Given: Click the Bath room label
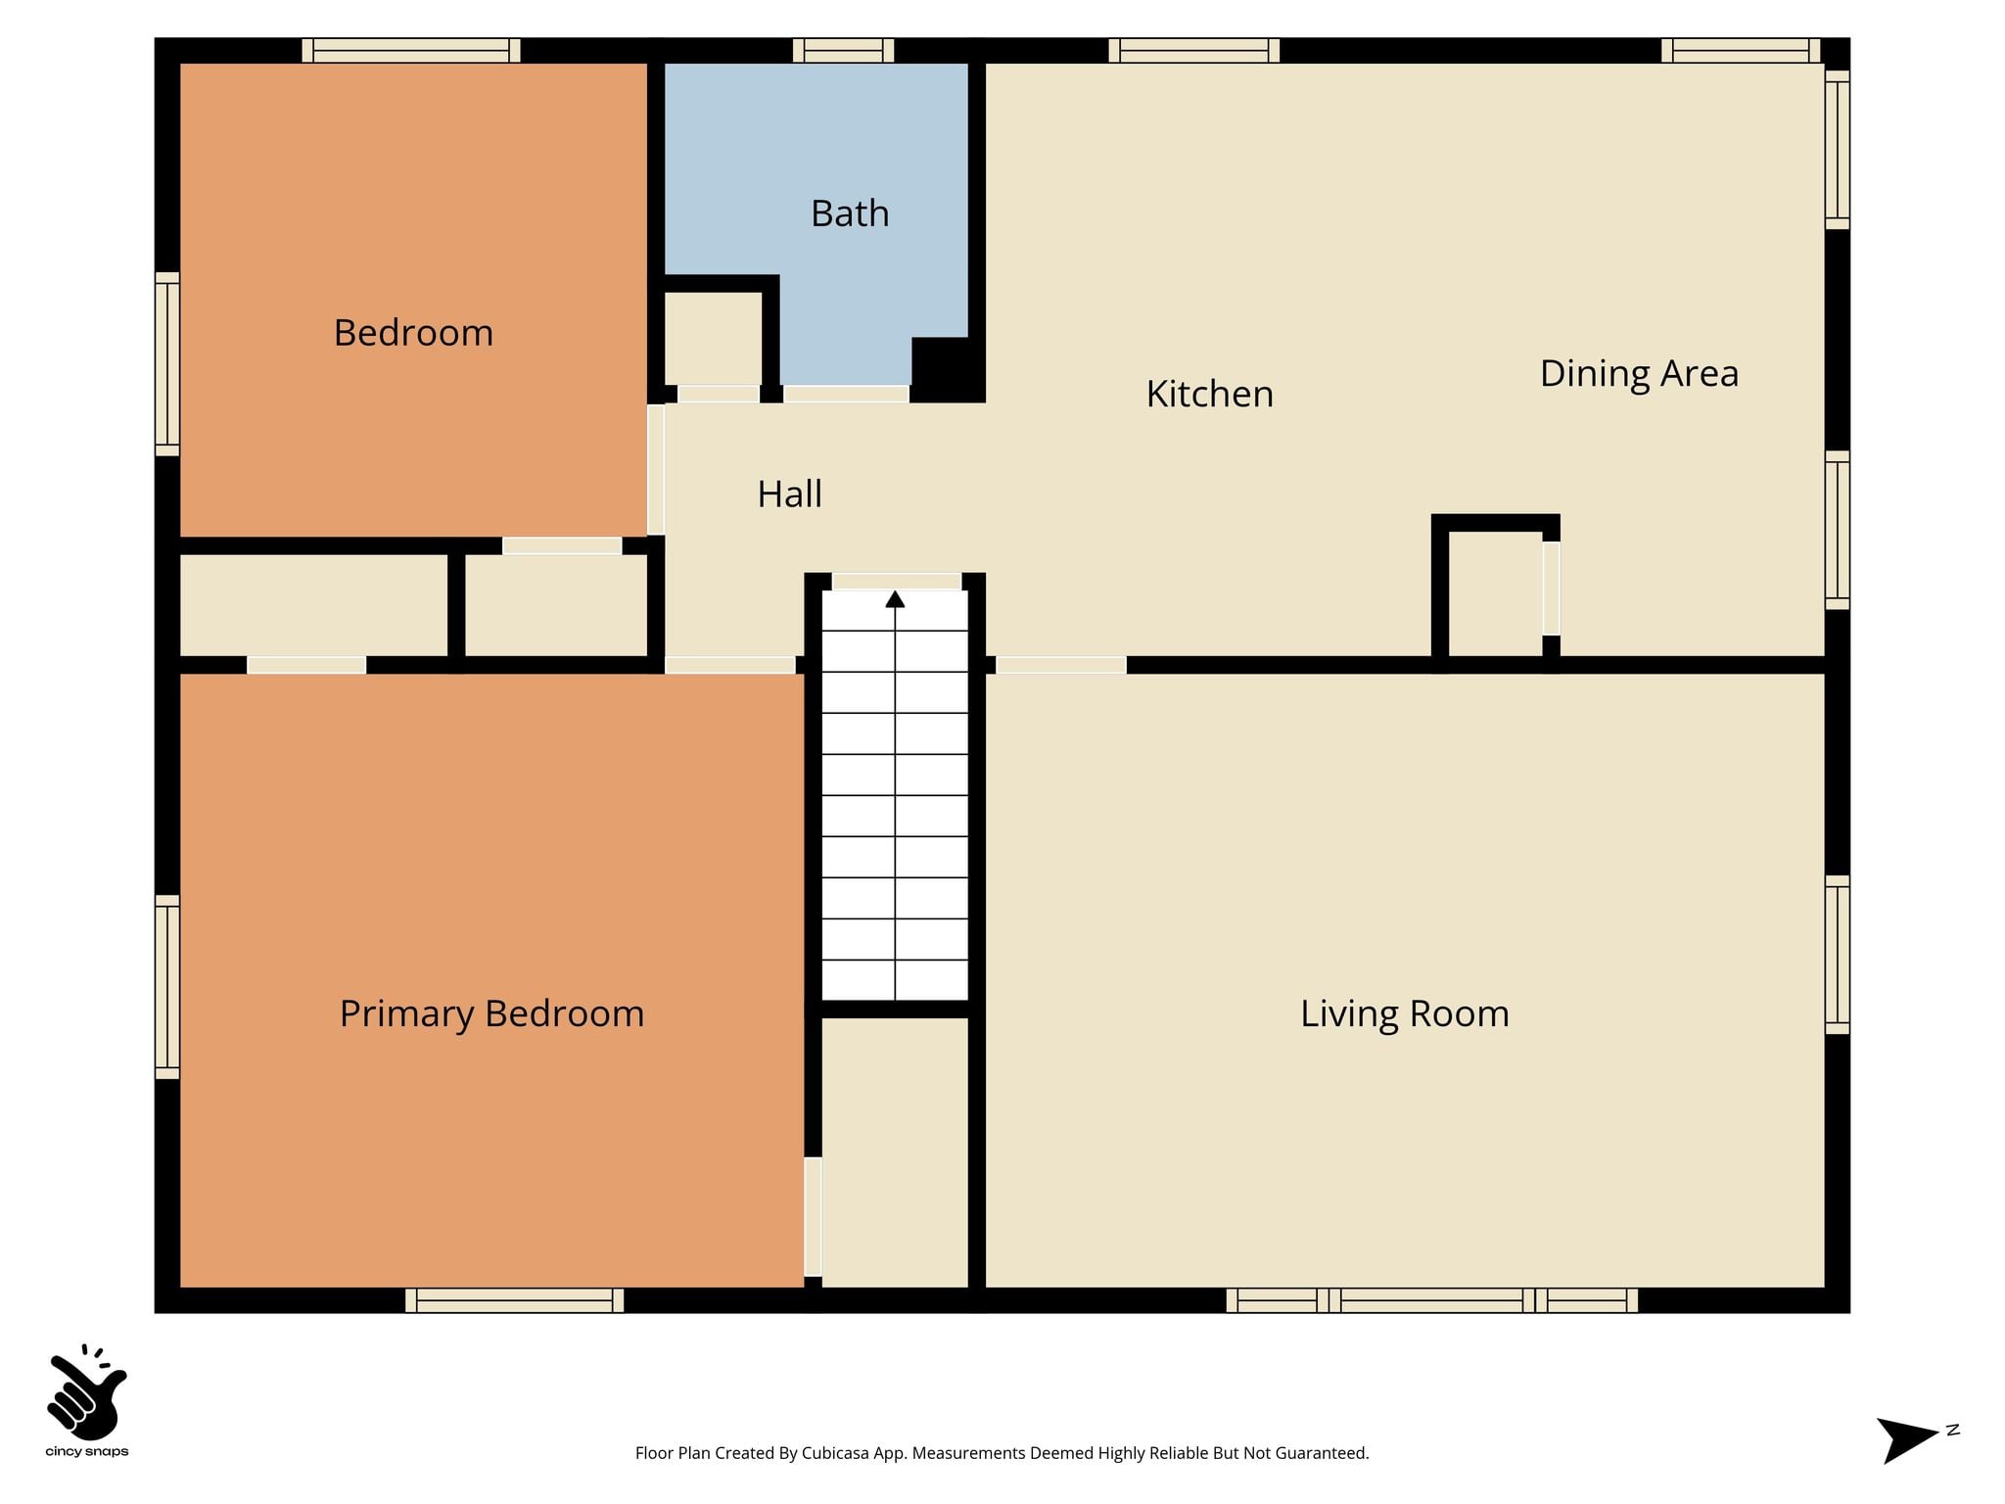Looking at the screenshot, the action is (850, 213).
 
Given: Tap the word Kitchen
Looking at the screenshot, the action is (1210, 394).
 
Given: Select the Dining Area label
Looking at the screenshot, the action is (1639, 373).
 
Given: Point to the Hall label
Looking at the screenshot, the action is (790, 493).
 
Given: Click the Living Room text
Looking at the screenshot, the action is (1405, 1013).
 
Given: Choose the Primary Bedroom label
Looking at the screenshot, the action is (491, 1013).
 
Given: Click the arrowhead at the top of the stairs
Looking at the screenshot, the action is (895, 598).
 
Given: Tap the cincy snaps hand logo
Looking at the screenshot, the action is (87, 1392).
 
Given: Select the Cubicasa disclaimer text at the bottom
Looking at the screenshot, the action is (1002, 1453).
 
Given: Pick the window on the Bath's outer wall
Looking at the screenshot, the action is (843, 50).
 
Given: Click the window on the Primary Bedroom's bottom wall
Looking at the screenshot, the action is (514, 1300).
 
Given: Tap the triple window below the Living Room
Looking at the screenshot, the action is (1431, 1300).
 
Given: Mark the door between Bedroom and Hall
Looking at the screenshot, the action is (656, 470).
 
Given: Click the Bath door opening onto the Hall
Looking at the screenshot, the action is (846, 394).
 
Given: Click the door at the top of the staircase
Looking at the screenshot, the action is (896, 582).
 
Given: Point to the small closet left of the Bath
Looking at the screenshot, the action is (713, 338).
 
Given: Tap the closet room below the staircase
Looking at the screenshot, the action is (895, 1152).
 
